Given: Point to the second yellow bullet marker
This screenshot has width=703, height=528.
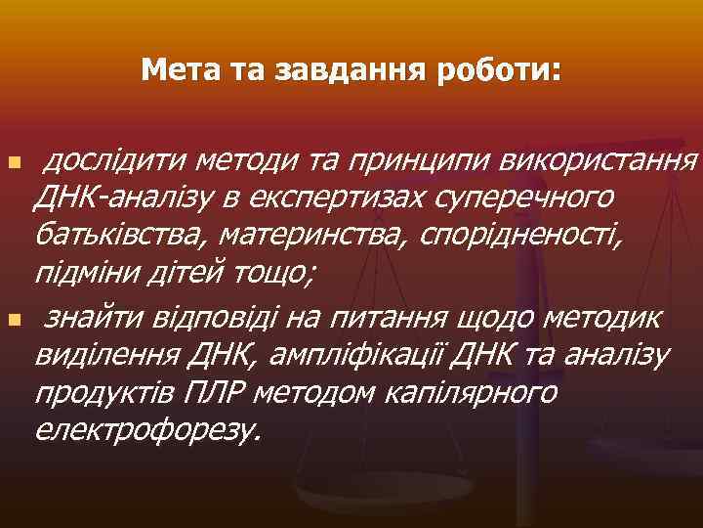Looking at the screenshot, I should pyautogui.click(x=12, y=320).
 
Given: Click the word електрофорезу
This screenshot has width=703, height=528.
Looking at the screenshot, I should pyautogui.click(x=146, y=432).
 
